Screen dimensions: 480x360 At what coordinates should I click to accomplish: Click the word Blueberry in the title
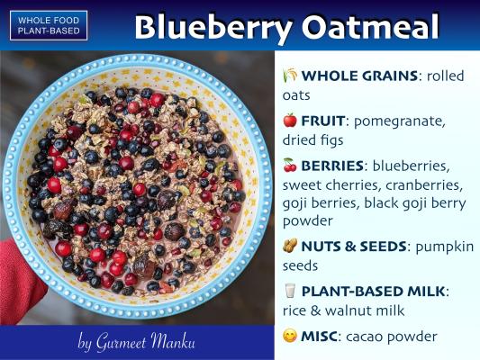point(213,27)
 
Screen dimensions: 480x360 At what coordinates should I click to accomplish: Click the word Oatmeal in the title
point(370,26)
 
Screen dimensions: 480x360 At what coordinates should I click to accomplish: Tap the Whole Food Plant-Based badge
point(49,25)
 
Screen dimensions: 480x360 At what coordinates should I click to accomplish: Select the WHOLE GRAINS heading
point(359,76)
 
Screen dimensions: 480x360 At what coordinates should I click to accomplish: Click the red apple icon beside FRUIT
point(290,121)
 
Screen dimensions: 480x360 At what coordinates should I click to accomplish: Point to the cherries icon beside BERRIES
point(290,165)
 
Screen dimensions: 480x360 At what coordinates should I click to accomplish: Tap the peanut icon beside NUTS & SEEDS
point(290,246)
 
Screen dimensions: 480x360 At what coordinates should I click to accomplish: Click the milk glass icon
point(290,291)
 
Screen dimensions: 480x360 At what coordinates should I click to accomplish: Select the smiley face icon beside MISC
point(290,336)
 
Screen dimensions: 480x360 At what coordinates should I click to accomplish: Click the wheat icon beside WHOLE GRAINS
point(290,76)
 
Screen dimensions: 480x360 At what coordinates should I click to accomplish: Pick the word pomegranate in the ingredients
point(399,121)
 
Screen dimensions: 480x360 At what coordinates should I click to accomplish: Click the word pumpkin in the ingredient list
point(445,247)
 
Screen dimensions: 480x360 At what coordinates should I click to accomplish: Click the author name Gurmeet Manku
point(145,342)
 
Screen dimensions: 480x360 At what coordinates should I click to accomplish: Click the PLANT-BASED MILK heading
point(373,292)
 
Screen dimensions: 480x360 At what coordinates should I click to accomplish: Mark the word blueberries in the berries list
point(411,166)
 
